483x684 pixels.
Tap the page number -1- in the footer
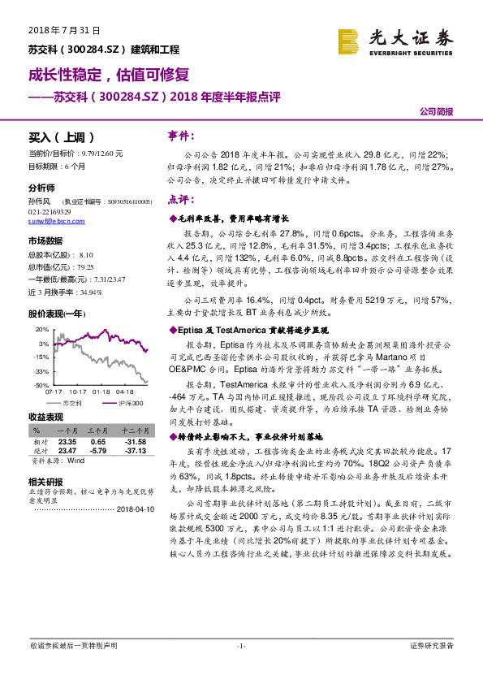point(241,646)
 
